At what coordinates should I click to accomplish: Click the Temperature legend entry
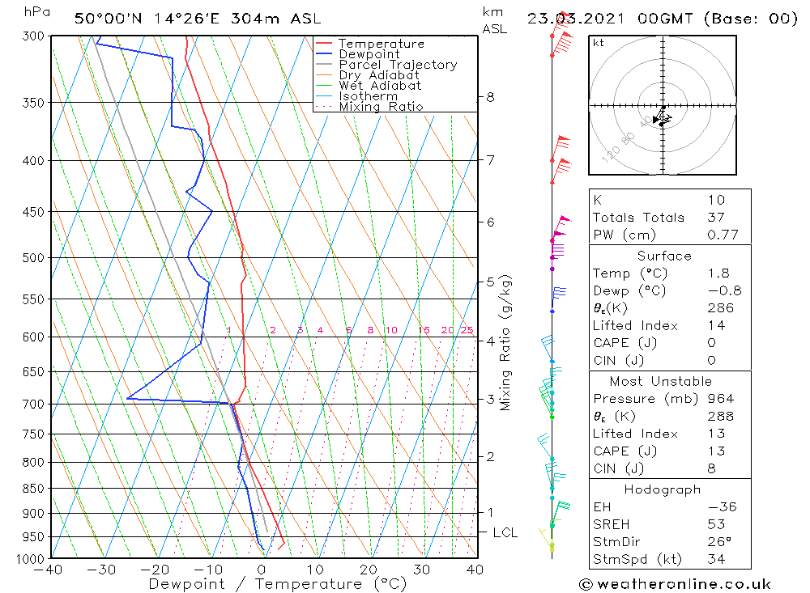click(381, 44)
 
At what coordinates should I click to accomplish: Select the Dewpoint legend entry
click(369, 54)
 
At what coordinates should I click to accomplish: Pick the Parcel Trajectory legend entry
click(398, 65)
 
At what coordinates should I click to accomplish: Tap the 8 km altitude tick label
click(490, 97)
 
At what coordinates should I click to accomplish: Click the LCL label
click(505, 532)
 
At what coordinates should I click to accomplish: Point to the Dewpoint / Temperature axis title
click(277, 584)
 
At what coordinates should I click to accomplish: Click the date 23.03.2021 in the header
click(570, 19)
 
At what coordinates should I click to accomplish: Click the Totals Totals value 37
click(715, 217)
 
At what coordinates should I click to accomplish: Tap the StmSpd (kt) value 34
click(715, 559)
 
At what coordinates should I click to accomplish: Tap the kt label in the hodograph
click(599, 43)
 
